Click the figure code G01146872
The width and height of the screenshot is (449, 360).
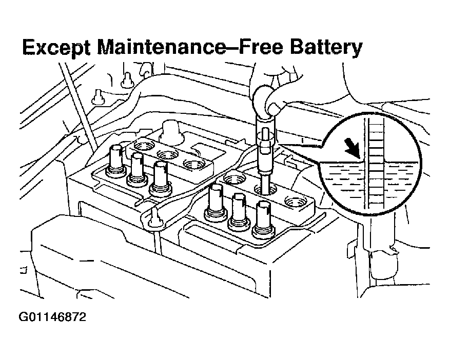point(52,317)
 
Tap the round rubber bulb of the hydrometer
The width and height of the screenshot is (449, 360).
point(270,100)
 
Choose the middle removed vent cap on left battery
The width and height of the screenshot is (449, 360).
point(137,169)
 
